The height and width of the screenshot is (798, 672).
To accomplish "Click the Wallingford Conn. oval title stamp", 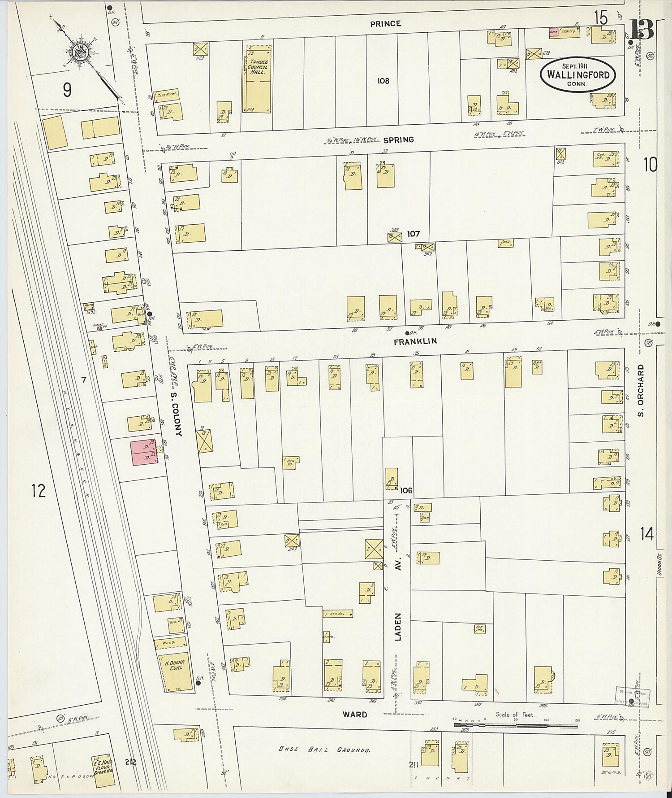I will pyautogui.click(x=577, y=75).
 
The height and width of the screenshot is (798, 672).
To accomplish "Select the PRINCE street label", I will pyautogui.click(x=385, y=24).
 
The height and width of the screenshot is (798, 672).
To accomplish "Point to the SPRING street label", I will pyautogui.click(x=398, y=140).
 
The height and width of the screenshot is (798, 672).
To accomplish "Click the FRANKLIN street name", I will pyautogui.click(x=415, y=341).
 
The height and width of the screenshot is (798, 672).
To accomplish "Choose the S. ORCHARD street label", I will pyautogui.click(x=641, y=390).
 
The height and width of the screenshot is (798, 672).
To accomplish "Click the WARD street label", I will pyautogui.click(x=355, y=714).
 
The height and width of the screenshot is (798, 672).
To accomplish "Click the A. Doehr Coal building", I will pyautogui.click(x=173, y=672).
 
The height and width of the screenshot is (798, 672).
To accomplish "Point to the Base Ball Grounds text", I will pyautogui.click(x=324, y=749).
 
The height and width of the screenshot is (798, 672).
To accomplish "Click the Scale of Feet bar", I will pyautogui.click(x=515, y=724).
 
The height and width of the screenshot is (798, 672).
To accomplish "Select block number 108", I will pyautogui.click(x=383, y=81).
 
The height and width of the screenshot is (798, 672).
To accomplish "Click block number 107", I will pyautogui.click(x=413, y=234).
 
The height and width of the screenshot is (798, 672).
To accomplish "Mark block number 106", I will pyautogui.click(x=406, y=490).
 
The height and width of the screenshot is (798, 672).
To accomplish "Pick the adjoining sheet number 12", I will pyautogui.click(x=39, y=491).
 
